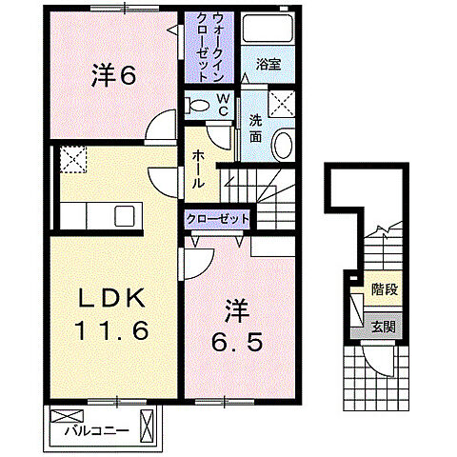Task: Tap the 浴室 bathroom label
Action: coord(268,66)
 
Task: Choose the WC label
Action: coord(220,104)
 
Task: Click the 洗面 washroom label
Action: coord(255,129)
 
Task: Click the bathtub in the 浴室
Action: coord(268,29)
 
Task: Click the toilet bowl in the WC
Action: coord(199,102)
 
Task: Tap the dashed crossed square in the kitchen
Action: coord(72,160)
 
